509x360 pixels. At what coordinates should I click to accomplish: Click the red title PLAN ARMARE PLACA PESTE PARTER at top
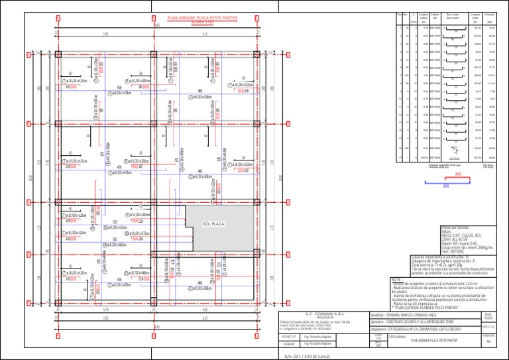(x=202, y=17)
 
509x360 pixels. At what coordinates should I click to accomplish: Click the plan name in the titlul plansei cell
(x=434, y=340)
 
